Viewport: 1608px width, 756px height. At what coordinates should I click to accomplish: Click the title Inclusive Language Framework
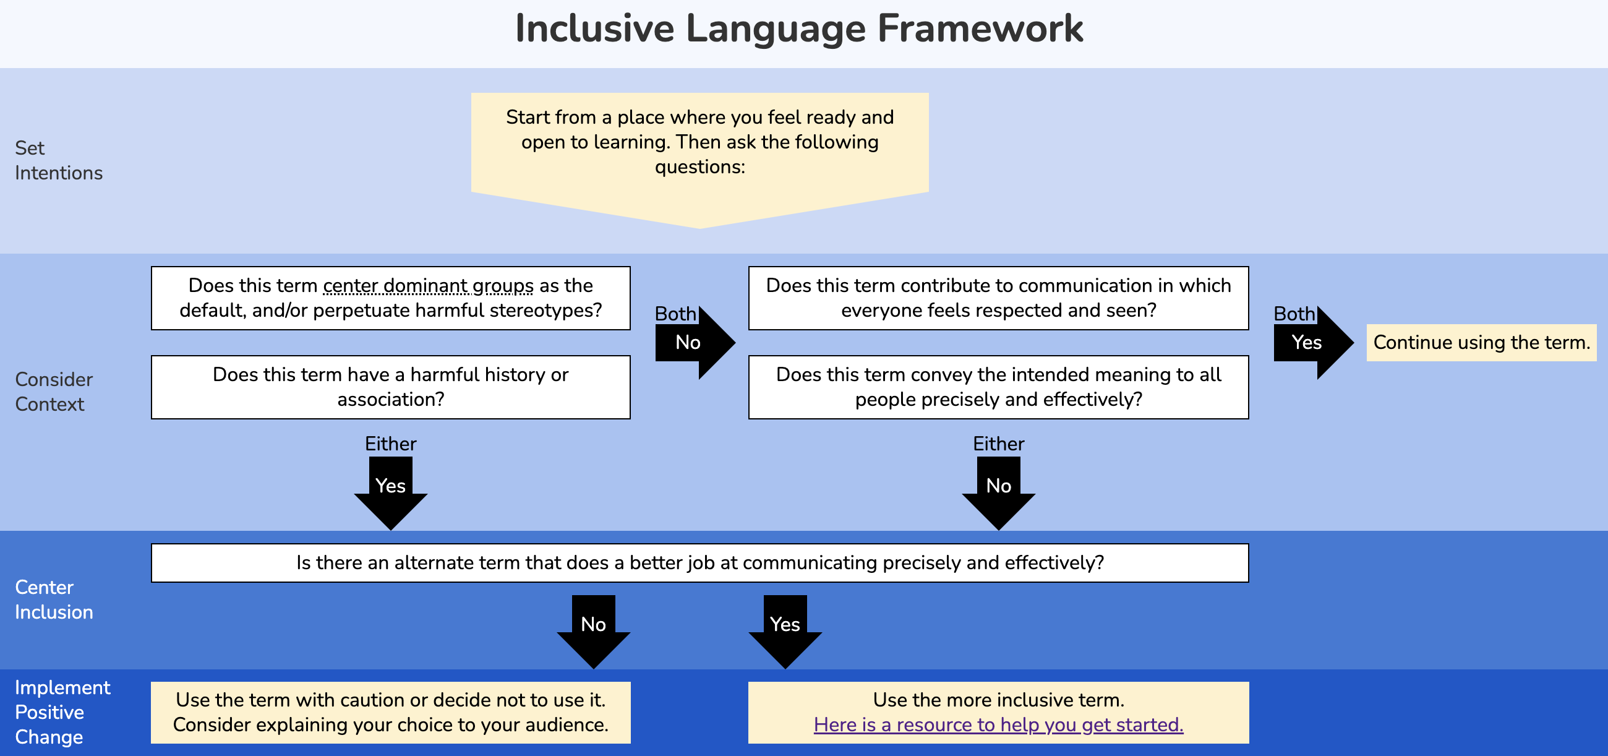coord(798,28)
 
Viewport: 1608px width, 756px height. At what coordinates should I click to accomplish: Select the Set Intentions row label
coord(58,160)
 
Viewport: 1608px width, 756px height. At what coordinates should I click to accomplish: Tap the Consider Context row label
coord(54,392)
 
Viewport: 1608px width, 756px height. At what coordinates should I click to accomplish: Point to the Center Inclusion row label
coord(54,599)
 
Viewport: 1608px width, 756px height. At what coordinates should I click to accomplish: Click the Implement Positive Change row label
coord(62,711)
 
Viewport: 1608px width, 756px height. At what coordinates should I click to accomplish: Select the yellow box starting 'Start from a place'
coord(699,142)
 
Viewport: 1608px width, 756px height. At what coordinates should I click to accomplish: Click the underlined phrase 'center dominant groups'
coord(428,285)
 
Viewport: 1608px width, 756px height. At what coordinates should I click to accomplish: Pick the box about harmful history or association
coord(390,387)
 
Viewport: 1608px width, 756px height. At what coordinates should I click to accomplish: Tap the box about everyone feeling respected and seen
coord(998,298)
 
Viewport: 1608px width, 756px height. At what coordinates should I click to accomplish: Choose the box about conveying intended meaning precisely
coord(998,387)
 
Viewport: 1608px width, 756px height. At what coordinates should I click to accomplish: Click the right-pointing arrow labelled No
coord(693,342)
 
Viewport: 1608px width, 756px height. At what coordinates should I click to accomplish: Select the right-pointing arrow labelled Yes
coord(1311,342)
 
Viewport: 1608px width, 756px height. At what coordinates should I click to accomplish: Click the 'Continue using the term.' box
coord(1481,342)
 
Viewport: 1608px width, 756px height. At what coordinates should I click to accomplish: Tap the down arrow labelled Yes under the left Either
coord(390,490)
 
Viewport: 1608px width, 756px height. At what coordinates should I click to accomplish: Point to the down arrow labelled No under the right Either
coord(998,490)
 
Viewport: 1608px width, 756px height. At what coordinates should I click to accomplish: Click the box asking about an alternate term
coord(699,562)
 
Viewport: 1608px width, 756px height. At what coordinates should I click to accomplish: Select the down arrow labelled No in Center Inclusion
coord(593,629)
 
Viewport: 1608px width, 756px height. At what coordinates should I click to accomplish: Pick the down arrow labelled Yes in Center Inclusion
coord(785,629)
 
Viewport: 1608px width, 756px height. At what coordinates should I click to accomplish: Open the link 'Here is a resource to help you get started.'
coord(998,724)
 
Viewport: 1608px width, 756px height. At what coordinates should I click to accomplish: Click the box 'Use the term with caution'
coord(390,711)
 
